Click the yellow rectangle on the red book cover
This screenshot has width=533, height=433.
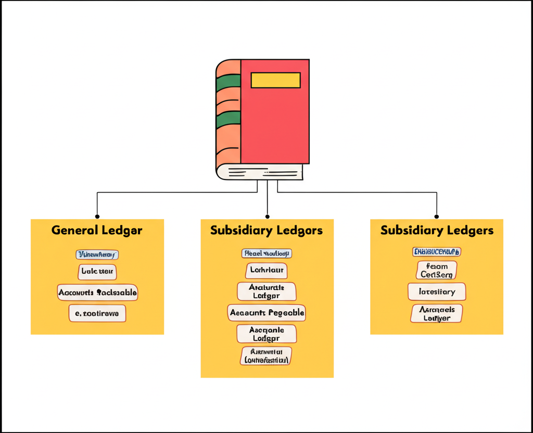click(275, 80)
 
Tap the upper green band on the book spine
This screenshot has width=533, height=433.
click(228, 82)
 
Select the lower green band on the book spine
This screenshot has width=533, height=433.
click(228, 120)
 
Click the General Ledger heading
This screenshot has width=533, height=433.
click(97, 230)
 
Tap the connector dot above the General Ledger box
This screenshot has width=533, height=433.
click(97, 216)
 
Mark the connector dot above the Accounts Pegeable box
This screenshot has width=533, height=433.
click(267, 216)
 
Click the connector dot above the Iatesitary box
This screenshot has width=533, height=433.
click(437, 216)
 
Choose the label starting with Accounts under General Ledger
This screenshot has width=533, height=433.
click(97, 292)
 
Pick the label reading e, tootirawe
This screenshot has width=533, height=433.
click(97, 313)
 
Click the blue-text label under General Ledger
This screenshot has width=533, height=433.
click(97, 254)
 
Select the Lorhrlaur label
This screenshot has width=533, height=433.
click(266, 271)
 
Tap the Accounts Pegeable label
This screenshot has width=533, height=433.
click(266, 313)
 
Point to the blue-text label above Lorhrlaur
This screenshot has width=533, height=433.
click(266, 253)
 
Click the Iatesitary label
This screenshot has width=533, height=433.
click(436, 292)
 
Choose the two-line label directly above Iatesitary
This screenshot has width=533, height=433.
click(437, 270)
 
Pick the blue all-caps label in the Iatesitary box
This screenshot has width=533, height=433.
click(437, 252)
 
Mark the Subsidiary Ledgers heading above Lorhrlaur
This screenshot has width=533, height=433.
click(266, 230)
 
